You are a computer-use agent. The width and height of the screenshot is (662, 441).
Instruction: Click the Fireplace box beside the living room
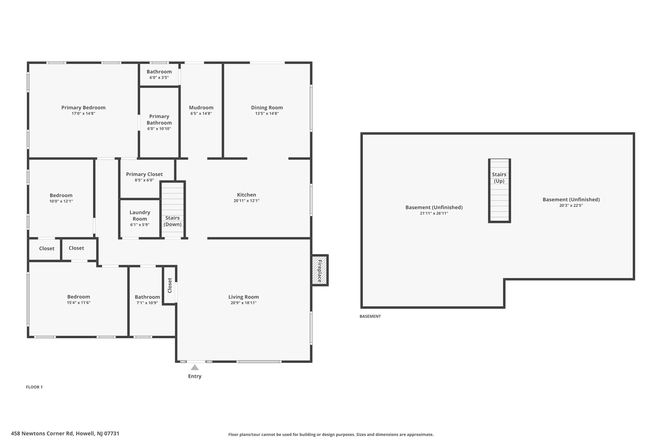point(319,270)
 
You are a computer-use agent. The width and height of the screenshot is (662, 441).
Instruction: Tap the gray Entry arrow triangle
point(195,368)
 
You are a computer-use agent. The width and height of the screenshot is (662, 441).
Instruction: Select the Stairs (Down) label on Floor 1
point(172,221)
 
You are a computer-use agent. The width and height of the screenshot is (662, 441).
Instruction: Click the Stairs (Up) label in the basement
point(499,178)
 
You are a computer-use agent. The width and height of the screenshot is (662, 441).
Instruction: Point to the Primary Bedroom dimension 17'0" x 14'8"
point(83,114)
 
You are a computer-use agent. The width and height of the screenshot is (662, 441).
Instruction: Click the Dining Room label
point(267,108)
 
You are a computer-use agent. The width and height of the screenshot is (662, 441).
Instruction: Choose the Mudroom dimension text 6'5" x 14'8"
point(201,114)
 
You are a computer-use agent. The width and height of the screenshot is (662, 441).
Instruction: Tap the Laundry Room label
point(140,215)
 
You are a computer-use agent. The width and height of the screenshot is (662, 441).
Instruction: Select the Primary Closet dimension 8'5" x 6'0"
point(144,180)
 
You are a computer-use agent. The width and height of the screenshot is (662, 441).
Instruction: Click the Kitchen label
point(246,195)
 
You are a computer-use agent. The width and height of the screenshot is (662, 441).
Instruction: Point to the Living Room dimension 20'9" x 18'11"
point(243,303)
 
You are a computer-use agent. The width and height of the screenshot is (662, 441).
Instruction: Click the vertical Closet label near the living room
point(170,285)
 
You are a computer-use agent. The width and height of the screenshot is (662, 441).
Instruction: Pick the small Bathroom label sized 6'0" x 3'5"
point(159,72)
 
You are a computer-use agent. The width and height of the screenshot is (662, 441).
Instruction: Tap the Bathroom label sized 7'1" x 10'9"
point(147,297)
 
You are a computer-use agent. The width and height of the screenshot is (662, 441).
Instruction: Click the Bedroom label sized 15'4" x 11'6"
point(79,297)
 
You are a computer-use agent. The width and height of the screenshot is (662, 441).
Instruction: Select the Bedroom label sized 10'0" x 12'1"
point(61,195)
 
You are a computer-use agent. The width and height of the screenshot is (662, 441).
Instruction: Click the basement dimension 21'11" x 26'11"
point(434,214)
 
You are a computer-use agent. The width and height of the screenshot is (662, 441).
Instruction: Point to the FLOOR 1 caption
point(34,387)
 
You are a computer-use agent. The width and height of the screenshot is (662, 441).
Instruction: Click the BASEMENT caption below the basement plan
point(370,316)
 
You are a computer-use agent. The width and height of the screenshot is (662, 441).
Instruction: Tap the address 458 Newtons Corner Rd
point(65,434)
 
